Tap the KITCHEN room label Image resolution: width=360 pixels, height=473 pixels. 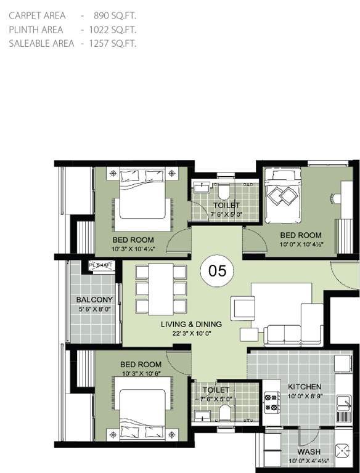pos(305,387)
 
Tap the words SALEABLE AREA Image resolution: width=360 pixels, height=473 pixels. pos(41,43)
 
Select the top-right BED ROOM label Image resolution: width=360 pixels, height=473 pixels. pos(301,235)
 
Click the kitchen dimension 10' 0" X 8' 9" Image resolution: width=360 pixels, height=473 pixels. pos(305,396)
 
